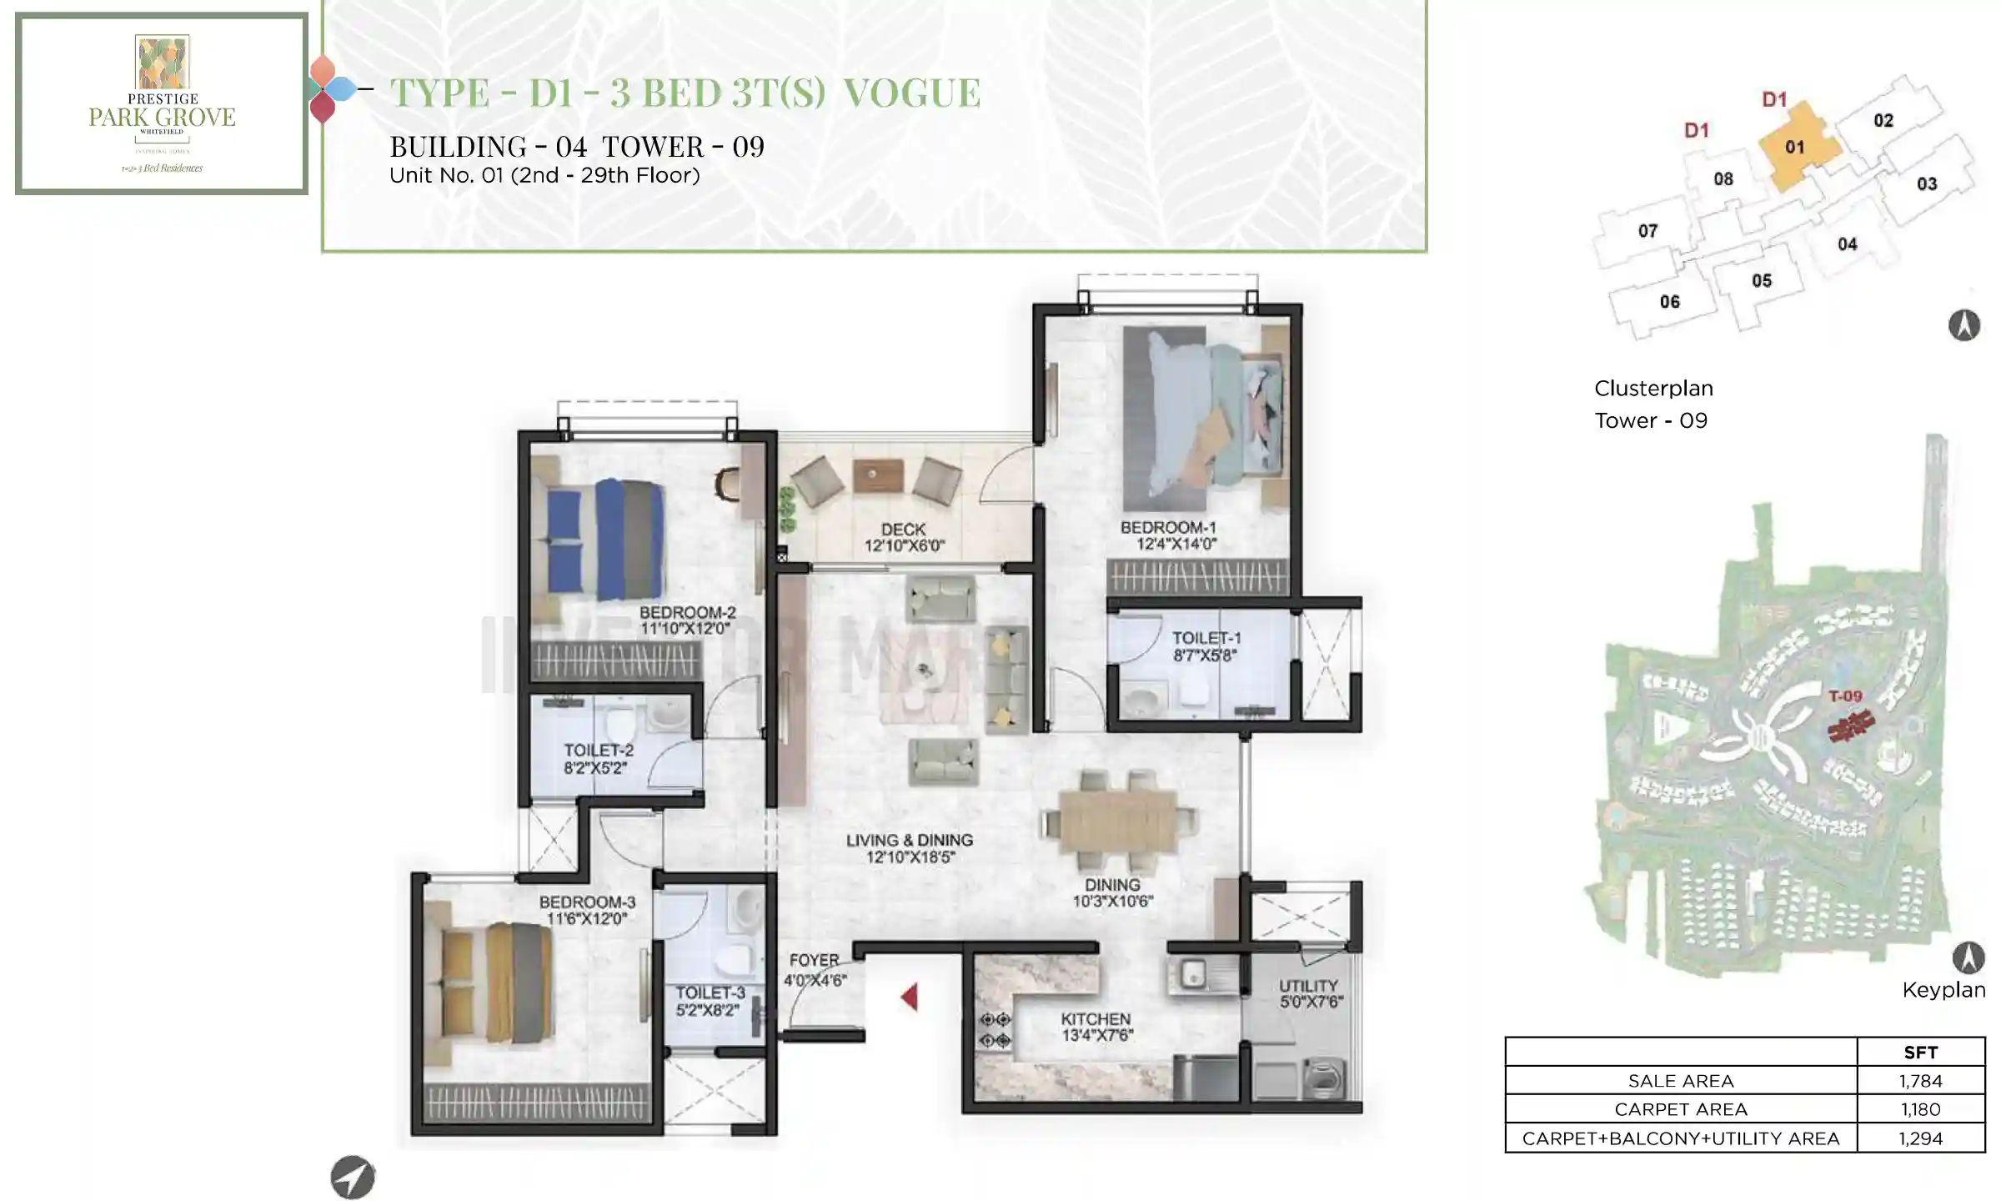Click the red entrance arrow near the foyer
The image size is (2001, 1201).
pos(910,997)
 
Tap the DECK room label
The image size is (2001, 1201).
pos(904,530)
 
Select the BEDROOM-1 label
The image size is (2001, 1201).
pos(1167,528)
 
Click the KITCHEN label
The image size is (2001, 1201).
pos(1096,1019)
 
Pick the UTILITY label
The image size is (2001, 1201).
pos(1308,986)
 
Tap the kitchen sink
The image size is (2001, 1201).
pos(1193,973)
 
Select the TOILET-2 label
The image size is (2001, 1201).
pos(598,751)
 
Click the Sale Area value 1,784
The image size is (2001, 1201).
pos(1920,1081)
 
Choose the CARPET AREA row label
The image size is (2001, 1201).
pos(1680,1109)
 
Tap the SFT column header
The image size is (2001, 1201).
pos(1920,1053)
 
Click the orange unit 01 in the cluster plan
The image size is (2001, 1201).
pos(1795,148)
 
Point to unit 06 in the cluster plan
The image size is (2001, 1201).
pos(1669,302)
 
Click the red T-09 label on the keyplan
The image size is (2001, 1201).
pos(1845,696)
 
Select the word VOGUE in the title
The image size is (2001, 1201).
pos(912,93)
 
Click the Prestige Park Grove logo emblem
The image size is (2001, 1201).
pos(163,62)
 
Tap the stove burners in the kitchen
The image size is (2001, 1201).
pos(995,1030)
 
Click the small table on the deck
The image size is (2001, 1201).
pos(878,475)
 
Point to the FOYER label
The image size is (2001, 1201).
pos(814,961)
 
